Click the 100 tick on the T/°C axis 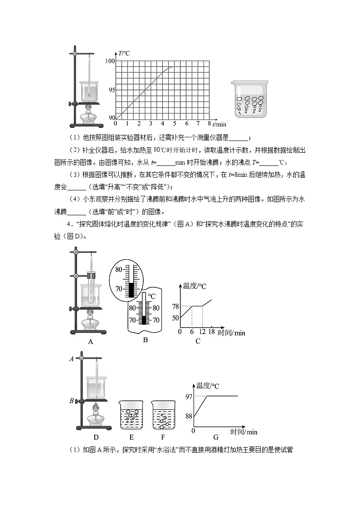pyautogui.click(x=110, y=61)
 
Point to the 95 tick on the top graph pyautogui.click(x=112, y=90)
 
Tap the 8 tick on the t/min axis pyautogui.click(x=209, y=123)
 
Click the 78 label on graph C pyautogui.click(x=175, y=306)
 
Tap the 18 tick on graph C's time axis pyautogui.click(x=211, y=332)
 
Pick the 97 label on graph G pyautogui.click(x=189, y=397)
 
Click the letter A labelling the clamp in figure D pyautogui.click(x=71, y=359)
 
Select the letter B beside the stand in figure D pyautogui.click(x=71, y=401)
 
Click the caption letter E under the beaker pyautogui.click(x=131, y=437)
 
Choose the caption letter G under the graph pyautogui.click(x=216, y=437)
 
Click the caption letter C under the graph pyautogui.click(x=198, y=341)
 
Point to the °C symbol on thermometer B pyautogui.click(x=152, y=296)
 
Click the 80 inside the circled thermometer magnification pyautogui.click(x=119, y=269)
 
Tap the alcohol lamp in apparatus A pyautogui.click(x=90, y=323)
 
